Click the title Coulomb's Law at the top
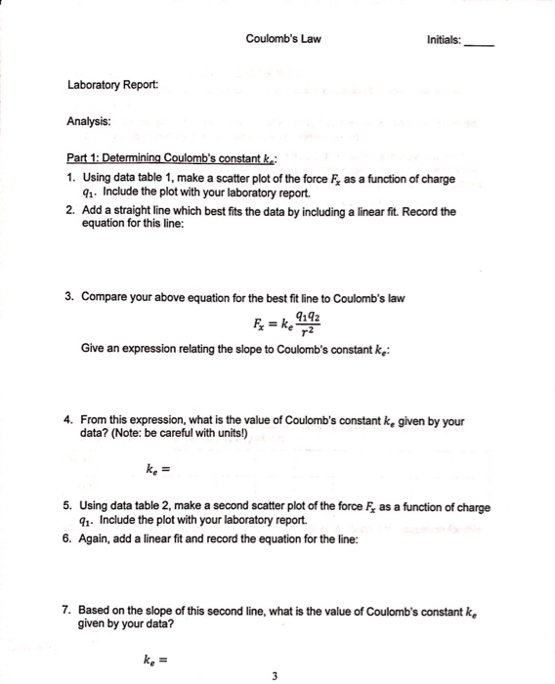tap(283, 39)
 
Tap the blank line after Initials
tap(479, 44)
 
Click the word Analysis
tap(89, 123)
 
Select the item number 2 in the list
tap(71, 210)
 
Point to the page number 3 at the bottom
tap(277, 673)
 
